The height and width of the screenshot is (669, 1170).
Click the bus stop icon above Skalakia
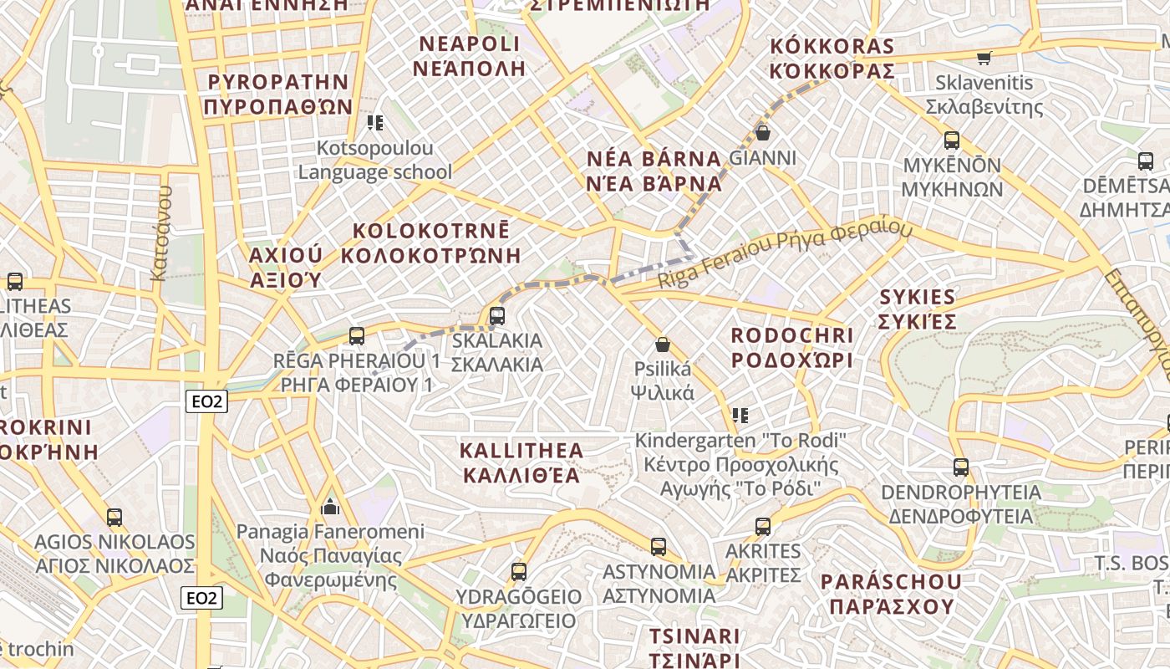click(x=497, y=316)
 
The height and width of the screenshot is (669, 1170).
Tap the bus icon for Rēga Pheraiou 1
click(x=357, y=336)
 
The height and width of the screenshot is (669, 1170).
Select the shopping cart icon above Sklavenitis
click(x=984, y=58)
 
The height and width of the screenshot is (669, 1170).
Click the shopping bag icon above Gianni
click(x=762, y=132)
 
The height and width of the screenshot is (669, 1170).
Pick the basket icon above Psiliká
click(x=663, y=344)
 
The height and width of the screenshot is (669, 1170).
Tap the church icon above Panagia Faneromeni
click(x=330, y=507)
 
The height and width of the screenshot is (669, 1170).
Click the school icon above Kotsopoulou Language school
click(x=375, y=123)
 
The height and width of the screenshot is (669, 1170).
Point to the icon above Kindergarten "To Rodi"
click(x=740, y=415)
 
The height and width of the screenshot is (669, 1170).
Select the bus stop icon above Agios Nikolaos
click(x=114, y=517)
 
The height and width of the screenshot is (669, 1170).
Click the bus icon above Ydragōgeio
click(x=519, y=572)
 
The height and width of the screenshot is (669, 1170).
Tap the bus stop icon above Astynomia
click(x=659, y=547)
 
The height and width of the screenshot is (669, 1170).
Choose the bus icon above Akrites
click(x=763, y=527)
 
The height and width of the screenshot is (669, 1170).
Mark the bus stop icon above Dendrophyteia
click(x=961, y=467)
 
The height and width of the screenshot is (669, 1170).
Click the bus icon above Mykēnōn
click(x=952, y=140)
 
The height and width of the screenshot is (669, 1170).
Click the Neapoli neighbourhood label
click(x=470, y=56)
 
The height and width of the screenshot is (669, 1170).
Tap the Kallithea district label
click(x=521, y=463)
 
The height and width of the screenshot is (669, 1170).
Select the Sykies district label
click(x=918, y=309)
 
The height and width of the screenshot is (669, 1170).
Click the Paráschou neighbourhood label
click(x=891, y=594)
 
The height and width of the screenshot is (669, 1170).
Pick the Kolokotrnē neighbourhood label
click(x=431, y=243)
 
